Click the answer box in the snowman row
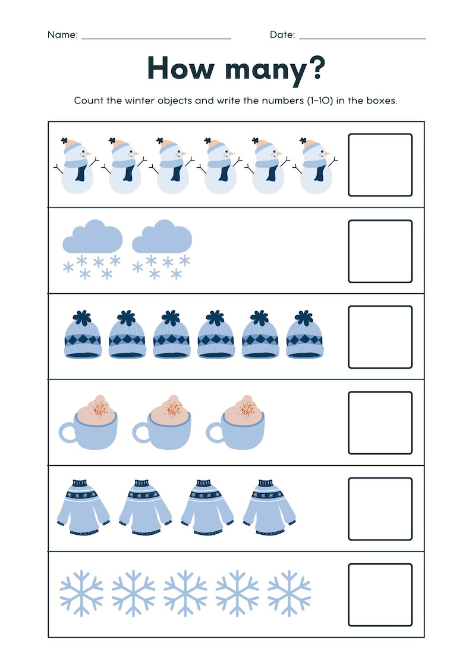(380, 165)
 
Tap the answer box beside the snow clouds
(380, 251)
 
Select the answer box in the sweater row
(380, 509)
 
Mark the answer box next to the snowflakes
(380, 595)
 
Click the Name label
(62, 35)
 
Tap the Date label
(282, 35)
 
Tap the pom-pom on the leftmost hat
(82, 316)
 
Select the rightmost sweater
(269, 507)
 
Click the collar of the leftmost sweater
(82, 484)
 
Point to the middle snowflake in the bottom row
(185, 593)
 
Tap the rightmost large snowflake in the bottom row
(289, 593)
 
